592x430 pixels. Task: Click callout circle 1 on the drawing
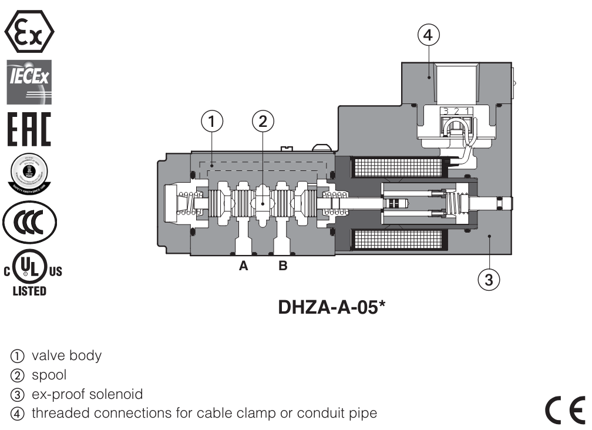pos(213,121)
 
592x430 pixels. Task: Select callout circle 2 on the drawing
pos(263,121)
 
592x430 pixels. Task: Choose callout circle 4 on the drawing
pos(428,35)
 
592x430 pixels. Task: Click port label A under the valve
pos(243,267)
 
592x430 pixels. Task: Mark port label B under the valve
pos(283,267)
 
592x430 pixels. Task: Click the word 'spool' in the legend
pos(49,375)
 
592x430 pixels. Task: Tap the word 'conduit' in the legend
pos(328,414)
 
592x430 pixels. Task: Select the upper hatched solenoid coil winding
pos(399,167)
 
